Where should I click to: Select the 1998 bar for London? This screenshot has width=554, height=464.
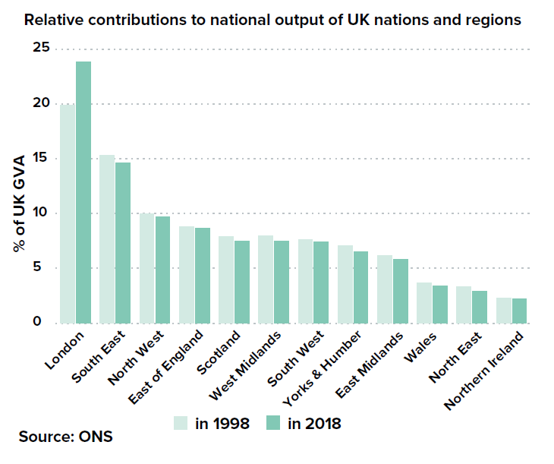(x=68, y=213)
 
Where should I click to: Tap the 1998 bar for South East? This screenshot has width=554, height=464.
(x=107, y=238)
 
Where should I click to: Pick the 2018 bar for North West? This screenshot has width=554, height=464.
(x=162, y=270)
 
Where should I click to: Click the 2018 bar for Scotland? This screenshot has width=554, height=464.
(x=242, y=282)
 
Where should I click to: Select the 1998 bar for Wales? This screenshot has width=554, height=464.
(x=424, y=302)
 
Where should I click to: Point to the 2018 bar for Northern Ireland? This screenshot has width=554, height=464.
(x=519, y=311)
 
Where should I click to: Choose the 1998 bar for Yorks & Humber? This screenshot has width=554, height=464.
(x=345, y=284)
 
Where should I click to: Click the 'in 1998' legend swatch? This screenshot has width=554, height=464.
(x=181, y=423)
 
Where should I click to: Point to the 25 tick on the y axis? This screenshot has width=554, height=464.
(x=40, y=49)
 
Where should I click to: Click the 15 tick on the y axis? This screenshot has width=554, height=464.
(x=40, y=158)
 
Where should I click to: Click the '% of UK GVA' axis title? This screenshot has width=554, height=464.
(x=17, y=203)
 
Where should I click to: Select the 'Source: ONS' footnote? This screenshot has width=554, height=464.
(x=65, y=437)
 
